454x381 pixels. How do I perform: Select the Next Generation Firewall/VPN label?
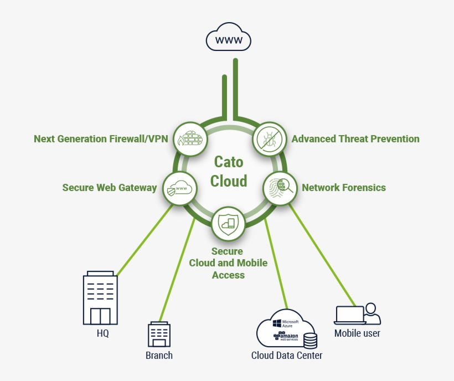100,139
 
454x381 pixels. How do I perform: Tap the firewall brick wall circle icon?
189,138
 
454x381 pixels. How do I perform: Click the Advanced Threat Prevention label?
355,139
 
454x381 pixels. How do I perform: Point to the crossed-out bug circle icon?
270,138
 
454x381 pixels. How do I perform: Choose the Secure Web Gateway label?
110,188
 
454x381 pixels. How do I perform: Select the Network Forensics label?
343,188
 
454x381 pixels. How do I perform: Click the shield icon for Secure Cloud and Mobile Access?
228,223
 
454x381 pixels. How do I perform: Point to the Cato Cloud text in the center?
228,172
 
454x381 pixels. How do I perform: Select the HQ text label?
102,334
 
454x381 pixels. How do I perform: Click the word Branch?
159,356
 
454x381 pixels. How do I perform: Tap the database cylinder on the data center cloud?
310,339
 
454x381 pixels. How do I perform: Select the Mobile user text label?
357,333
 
